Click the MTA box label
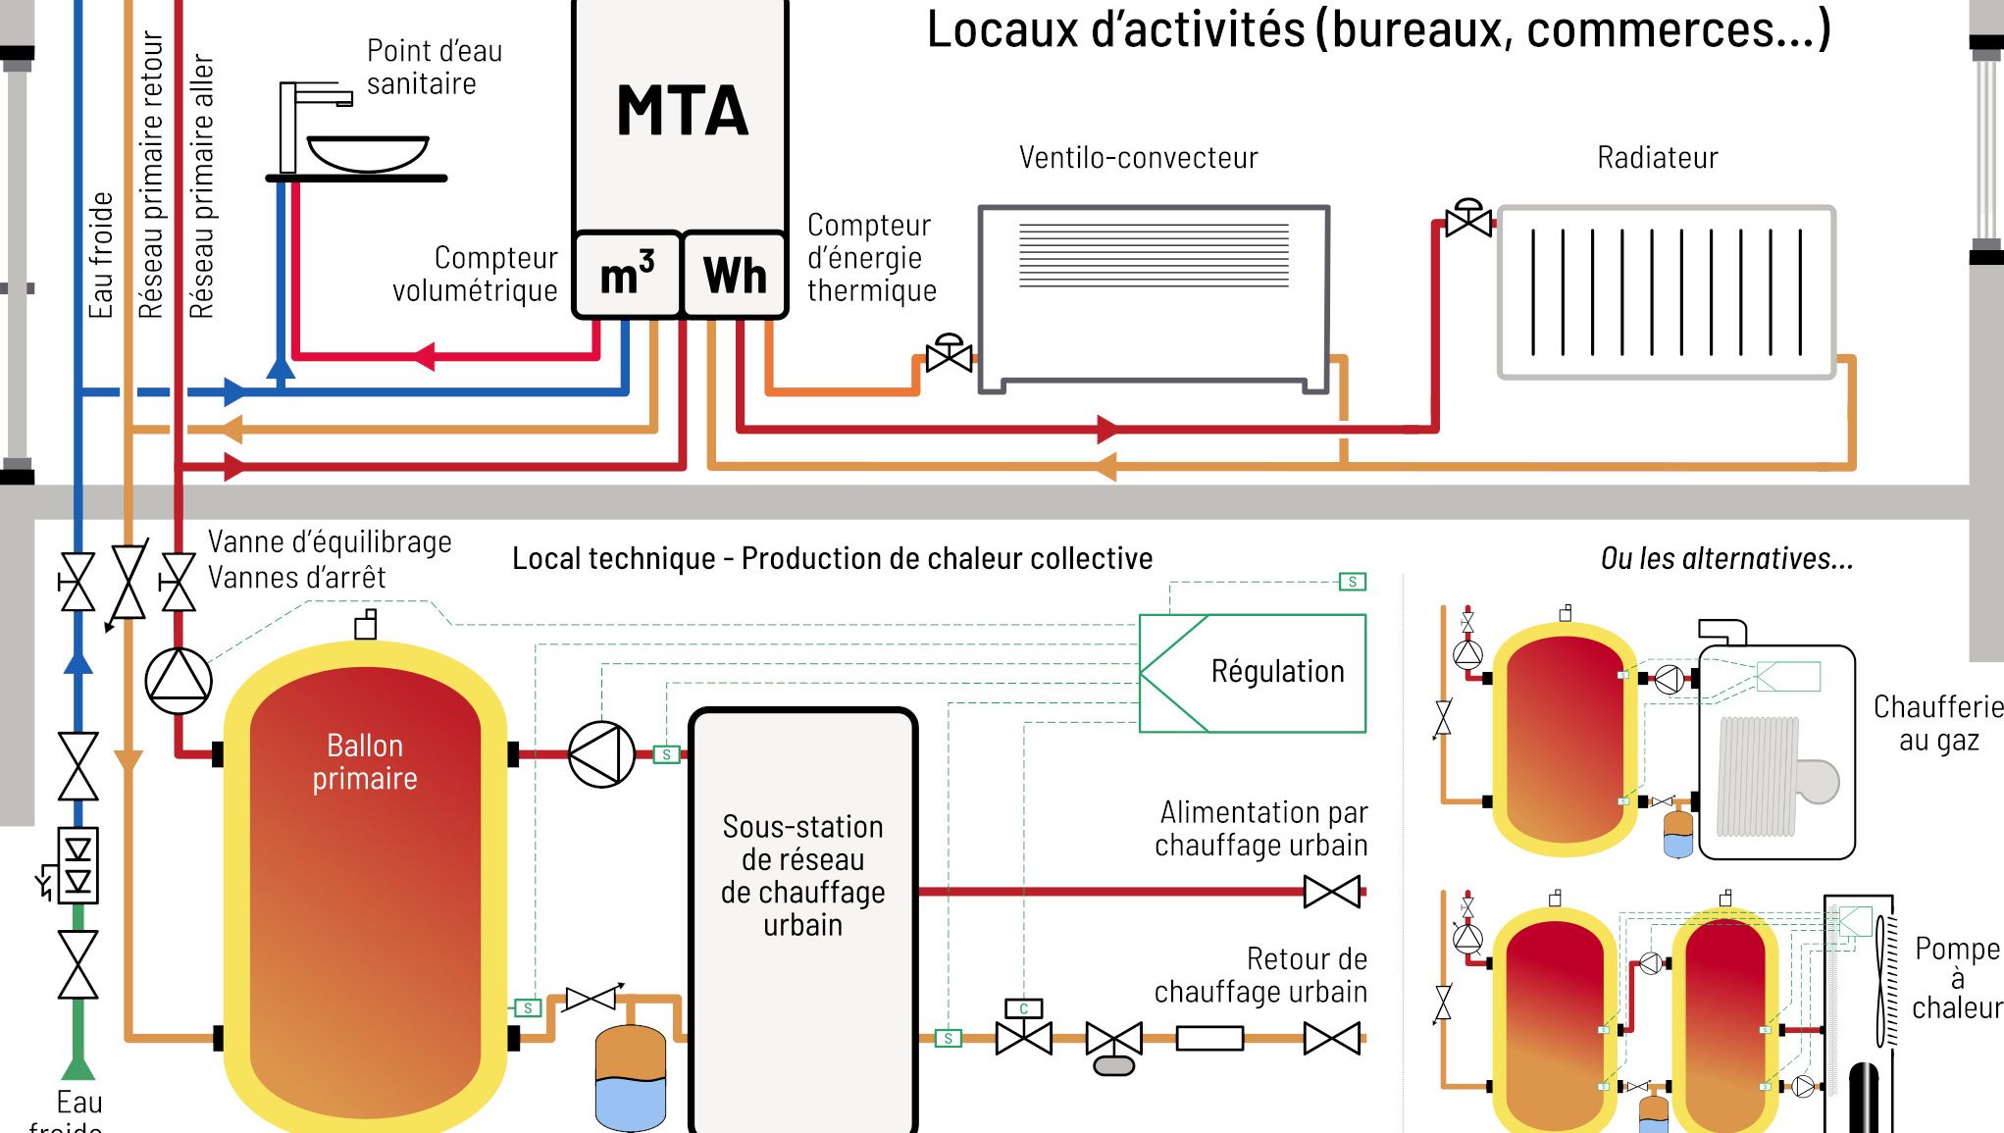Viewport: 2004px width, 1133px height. click(x=682, y=111)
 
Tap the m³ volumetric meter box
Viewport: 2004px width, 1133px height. click(x=628, y=275)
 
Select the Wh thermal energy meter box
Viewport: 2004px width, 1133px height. click(x=735, y=275)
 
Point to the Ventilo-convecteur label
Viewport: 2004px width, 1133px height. click(x=1138, y=158)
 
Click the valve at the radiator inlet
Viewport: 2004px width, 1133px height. click(x=1468, y=221)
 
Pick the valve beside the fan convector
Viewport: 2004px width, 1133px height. click(x=949, y=355)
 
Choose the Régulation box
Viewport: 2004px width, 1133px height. click(x=1253, y=673)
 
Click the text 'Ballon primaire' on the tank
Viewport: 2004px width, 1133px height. click(x=365, y=762)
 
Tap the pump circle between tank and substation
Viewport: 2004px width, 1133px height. click(x=601, y=754)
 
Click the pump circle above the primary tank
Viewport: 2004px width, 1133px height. click(x=179, y=680)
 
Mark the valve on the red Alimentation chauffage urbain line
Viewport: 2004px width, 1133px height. click(x=1331, y=892)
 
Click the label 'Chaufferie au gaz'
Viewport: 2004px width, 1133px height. click(x=1937, y=723)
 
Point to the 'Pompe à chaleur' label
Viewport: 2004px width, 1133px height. click(x=1956, y=977)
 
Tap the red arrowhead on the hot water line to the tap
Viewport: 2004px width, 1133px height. click(x=424, y=355)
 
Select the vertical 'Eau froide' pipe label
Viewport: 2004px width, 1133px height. click(x=101, y=255)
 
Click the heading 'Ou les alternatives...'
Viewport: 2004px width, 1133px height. click(x=1726, y=559)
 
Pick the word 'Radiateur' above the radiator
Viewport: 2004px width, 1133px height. click(x=1657, y=158)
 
